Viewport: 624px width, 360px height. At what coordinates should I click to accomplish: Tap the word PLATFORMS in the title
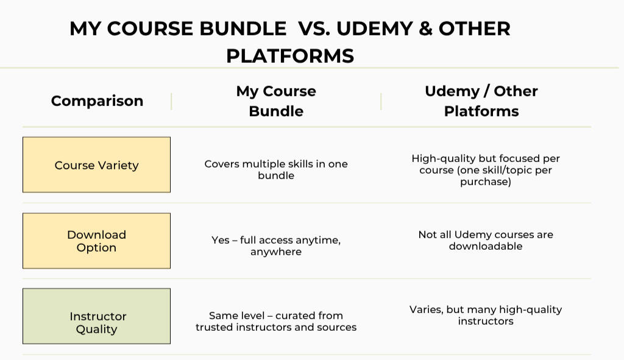click(x=290, y=56)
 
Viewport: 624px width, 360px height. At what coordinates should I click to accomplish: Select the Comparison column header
click(x=97, y=101)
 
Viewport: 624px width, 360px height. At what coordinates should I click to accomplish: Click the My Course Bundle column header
click(x=276, y=101)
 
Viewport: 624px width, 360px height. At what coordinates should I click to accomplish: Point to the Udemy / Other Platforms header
click(x=481, y=101)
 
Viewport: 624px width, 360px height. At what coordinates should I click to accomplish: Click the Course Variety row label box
click(x=96, y=165)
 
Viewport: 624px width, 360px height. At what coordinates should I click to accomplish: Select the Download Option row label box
click(x=96, y=241)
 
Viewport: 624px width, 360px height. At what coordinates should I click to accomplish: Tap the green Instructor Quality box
click(x=96, y=317)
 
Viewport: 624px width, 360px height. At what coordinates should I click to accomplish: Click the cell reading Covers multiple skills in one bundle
click(x=276, y=170)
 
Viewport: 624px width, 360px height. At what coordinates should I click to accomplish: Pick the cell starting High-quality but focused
click(x=486, y=170)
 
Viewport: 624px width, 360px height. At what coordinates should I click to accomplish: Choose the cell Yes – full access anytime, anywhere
click(x=276, y=245)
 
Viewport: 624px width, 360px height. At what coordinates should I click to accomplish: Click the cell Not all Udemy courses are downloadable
click(x=486, y=240)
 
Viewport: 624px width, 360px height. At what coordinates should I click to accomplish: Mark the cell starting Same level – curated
click(x=276, y=321)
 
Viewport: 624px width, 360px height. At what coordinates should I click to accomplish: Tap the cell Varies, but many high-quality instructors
click(x=486, y=315)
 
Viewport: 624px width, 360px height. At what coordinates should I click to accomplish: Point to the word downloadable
click(x=486, y=246)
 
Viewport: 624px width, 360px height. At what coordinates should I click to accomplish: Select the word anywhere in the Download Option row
click(x=276, y=252)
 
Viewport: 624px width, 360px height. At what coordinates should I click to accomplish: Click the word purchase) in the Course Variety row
click(x=486, y=182)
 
